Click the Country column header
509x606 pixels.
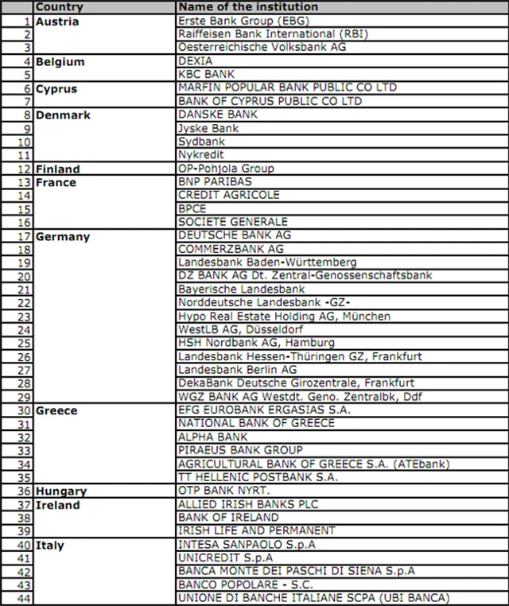60,7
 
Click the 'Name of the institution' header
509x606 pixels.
248,7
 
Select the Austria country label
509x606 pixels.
57,21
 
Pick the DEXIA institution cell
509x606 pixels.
196,61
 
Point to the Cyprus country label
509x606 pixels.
56,89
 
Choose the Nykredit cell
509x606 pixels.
200,155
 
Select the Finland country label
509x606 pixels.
58,169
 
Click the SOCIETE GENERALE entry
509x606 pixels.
233,222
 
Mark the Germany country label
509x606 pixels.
63,236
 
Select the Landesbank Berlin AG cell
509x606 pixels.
238,370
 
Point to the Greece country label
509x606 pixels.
57,410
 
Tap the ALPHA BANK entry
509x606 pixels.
213,437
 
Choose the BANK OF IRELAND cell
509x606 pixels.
228,518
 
